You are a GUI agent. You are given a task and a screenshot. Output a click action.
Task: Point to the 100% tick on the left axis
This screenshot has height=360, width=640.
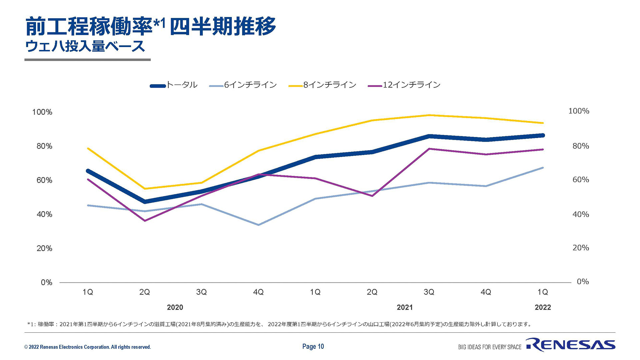42,112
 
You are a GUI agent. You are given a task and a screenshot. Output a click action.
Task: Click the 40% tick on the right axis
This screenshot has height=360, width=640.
581,214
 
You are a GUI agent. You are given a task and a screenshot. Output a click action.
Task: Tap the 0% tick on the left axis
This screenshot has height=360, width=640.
47,283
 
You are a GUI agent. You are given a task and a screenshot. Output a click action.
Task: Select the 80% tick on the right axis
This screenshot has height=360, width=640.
581,146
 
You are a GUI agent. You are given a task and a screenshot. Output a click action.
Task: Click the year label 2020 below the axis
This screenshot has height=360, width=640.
175,307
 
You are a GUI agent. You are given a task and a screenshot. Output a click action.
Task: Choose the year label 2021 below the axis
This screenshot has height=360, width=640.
405,307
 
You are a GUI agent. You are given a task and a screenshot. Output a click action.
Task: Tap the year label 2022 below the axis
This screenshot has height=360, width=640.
543,307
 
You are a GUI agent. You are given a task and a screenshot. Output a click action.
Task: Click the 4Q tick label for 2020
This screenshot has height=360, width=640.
258,292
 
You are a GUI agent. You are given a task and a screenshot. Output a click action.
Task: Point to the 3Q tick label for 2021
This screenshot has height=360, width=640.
429,292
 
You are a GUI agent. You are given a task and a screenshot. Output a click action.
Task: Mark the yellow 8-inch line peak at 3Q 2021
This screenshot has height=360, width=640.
429,115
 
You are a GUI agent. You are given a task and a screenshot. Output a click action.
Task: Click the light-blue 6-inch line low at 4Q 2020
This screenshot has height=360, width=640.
258,225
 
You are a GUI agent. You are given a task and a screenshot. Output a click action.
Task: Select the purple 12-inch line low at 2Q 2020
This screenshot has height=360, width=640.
145,221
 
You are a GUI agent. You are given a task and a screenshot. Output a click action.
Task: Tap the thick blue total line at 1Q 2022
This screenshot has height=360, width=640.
543,135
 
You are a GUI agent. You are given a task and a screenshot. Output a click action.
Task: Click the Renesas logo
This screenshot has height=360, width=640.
571,345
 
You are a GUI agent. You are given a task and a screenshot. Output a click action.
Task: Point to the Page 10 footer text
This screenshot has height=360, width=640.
313,347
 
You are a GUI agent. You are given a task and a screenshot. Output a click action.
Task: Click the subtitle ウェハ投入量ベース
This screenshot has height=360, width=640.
85,46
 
